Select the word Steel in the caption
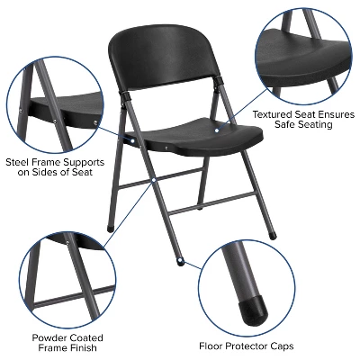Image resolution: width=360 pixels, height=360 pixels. point(20,163)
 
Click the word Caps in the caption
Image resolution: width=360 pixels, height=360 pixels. point(301,346)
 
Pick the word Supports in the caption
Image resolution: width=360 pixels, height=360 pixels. point(82,163)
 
